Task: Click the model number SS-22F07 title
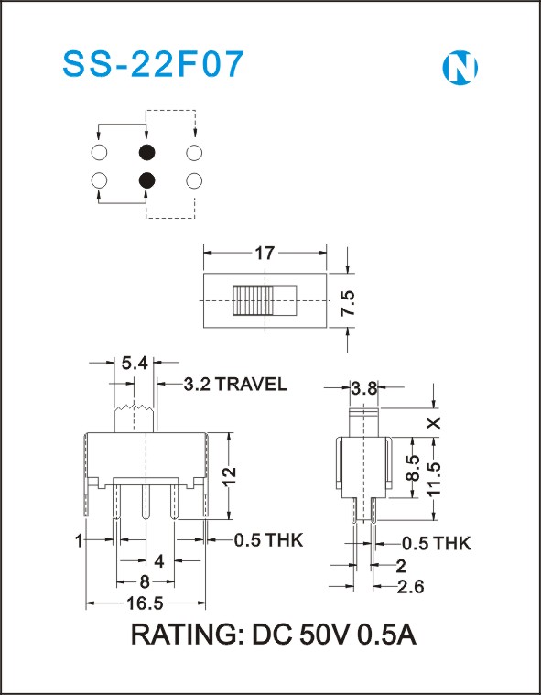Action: pos(153,65)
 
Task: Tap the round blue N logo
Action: pos(460,68)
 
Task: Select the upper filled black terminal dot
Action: pos(146,153)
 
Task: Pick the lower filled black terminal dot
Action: pos(146,180)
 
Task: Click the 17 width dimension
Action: pos(265,254)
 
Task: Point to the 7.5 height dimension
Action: pos(347,303)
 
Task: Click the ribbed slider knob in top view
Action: pos(251,300)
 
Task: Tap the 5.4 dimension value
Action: pos(134,364)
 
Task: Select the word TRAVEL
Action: pos(251,385)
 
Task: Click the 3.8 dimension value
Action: pos(363,388)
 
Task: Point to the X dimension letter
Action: pos(436,423)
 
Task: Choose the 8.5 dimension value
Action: pos(413,468)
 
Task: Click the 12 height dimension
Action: pos(230,477)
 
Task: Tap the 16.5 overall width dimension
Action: pos(146,603)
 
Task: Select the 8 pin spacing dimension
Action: pos(145,582)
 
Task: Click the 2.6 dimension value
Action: pos(410,587)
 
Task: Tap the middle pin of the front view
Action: pos(146,501)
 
